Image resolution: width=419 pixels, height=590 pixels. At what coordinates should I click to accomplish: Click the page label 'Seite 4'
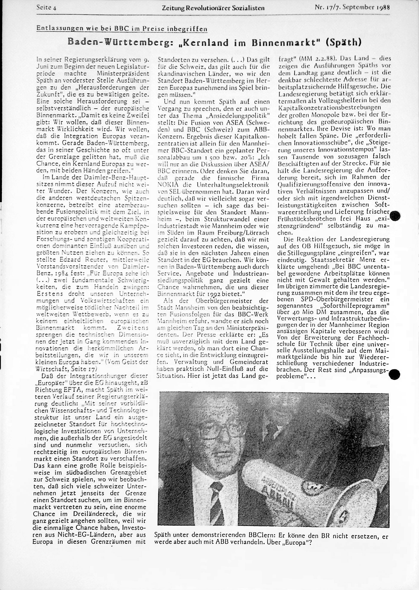(47, 8)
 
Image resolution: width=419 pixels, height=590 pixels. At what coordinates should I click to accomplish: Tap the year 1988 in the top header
(383, 8)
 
